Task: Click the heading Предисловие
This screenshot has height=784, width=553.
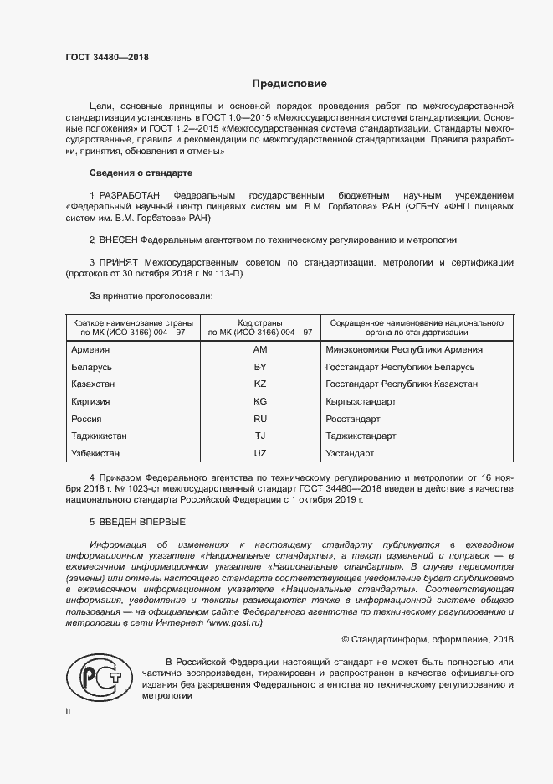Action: pos(289,84)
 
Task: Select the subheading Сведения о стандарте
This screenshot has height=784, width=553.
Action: pos(141,173)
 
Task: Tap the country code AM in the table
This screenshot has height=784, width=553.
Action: pos(259,349)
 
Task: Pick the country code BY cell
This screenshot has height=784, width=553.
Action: pos(259,367)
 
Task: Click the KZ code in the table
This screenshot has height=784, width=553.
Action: pos(259,384)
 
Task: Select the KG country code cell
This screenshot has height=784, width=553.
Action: pos(259,401)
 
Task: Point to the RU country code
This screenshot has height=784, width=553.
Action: pos(259,419)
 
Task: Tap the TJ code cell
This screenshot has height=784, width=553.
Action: pos(259,436)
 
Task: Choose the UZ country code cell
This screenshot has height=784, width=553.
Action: pos(259,453)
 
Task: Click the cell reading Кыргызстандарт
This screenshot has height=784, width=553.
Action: pos(361,401)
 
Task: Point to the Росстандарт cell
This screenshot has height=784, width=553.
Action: pos(353,419)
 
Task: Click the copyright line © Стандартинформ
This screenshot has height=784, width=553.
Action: pos(428,640)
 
